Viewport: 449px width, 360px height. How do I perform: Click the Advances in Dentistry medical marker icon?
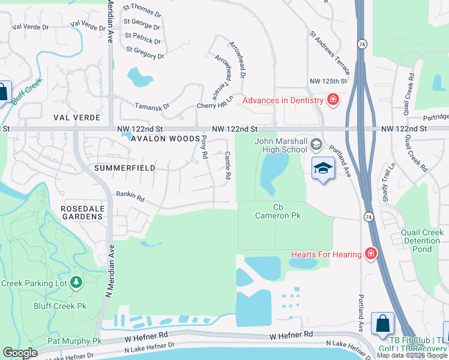(x=333, y=100)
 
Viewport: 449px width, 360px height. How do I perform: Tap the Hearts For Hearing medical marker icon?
(x=371, y=254)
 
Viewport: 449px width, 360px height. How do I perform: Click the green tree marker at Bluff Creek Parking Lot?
(x=76, y=282)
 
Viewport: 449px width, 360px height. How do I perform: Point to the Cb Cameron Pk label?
(x=278, y=211)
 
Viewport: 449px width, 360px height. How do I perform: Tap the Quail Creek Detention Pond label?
(x=422, y=241)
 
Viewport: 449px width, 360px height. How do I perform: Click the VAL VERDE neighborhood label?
(x=76, y=118)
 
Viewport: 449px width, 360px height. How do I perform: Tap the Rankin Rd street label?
(x=131, y=197)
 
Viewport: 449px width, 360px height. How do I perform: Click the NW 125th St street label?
(x=329, y=81)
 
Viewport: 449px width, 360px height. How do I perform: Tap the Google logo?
(x=20, y=353)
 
